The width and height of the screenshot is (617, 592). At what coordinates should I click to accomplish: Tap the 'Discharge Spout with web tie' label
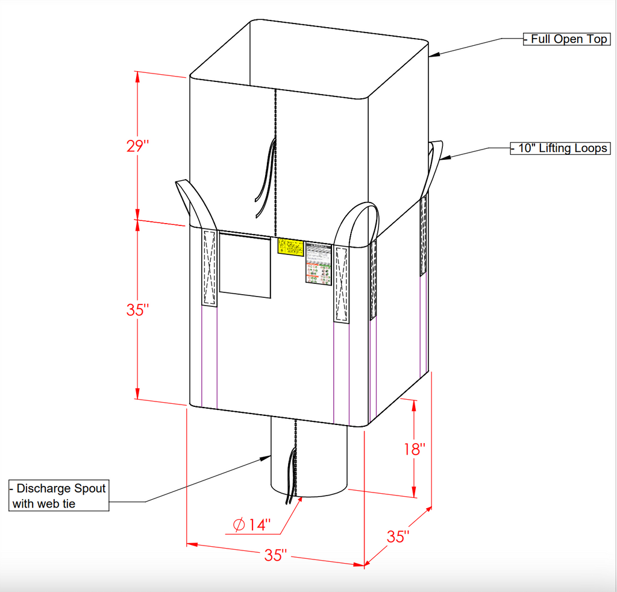point(59,496)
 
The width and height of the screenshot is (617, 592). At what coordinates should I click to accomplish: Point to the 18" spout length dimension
point(414,449)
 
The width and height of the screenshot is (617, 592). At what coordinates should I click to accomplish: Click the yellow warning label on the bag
point(290,247)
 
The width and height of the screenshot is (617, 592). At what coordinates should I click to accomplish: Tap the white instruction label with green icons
point(319,263)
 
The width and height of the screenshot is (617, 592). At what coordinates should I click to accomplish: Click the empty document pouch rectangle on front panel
point(245,265)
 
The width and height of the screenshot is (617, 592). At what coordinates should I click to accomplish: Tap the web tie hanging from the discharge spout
point(292,479)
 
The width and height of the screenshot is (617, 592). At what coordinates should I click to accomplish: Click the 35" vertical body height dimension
point(137,310)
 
